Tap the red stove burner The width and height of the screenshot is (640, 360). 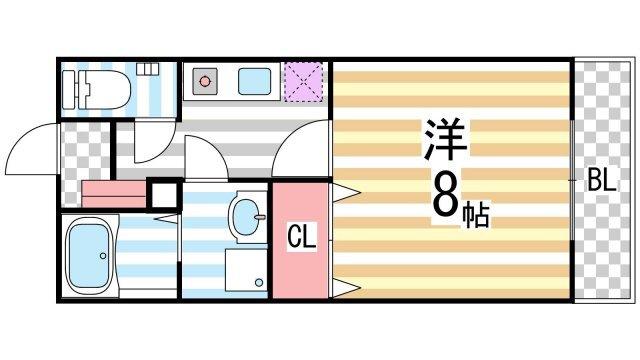point(205,79)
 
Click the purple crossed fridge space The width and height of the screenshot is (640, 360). point(301,81)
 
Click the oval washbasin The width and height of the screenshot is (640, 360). point(246,214)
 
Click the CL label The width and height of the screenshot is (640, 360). point(301,239)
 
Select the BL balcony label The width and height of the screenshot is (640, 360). point(601,182)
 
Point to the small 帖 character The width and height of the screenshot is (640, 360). point(476,211)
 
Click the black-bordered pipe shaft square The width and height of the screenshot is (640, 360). point(163,194)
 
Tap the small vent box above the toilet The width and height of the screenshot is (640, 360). point(149,69)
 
